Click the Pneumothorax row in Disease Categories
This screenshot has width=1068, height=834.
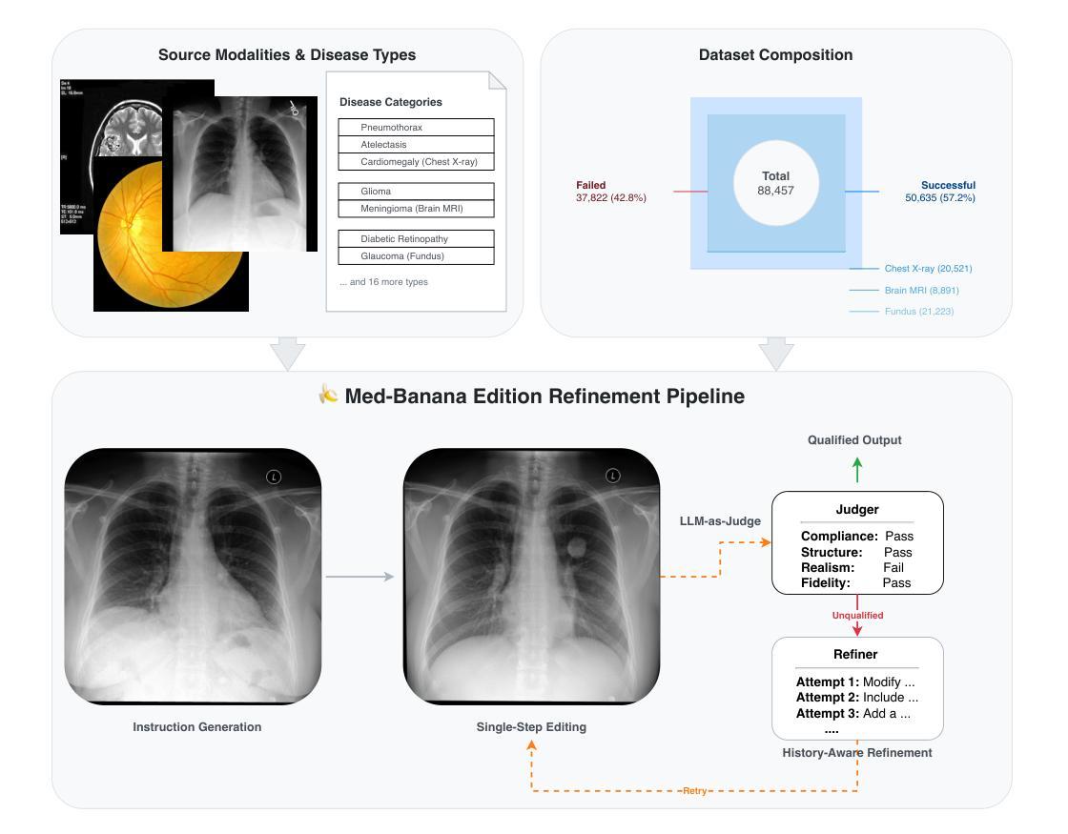pyautogui.click(x=416, y=127)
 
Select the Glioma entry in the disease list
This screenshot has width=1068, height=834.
pyautogui.click(x=416, y=191)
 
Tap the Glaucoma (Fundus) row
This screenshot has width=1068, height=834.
pyautogui.click(x=416, y=255)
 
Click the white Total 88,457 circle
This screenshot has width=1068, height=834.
pyautogui.click(x=775, y=183)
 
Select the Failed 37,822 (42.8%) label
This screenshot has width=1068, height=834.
pyautogui.click(x=611, y=192)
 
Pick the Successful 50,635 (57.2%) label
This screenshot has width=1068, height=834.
pyautogui.click(x=940, y=192)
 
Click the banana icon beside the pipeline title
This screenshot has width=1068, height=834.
pyautogui.click(x=328, y=395)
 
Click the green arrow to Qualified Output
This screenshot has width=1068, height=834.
pyautogui.click(x=857, y=470)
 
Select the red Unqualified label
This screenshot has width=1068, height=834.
pyautogui.click(x=857, y=616)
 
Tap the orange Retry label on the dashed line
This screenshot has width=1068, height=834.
pyautogui.click(x=694, y=791)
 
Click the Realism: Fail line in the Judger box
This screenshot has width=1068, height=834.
pyautogui.click(x=852, y=567)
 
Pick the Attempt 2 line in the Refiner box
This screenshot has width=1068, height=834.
pyautogui.click(x=856, y=698)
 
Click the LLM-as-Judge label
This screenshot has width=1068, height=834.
pyautogui.click(x=719, y=521)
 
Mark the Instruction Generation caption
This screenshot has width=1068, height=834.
pyautogui.click(x=196, y=727)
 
